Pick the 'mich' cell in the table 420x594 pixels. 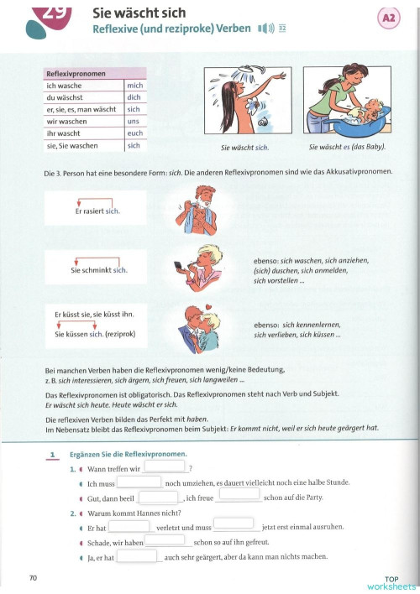tap(134, 86)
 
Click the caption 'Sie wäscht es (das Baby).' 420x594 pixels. tap(347, 148)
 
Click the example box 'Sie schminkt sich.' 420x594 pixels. tap(97, 269)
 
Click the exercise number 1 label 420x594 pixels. tap(52, 456)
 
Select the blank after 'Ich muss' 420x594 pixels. tap(138, 482)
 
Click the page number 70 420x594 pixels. tap(33, 577)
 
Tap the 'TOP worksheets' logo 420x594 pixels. tap(390, 582)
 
